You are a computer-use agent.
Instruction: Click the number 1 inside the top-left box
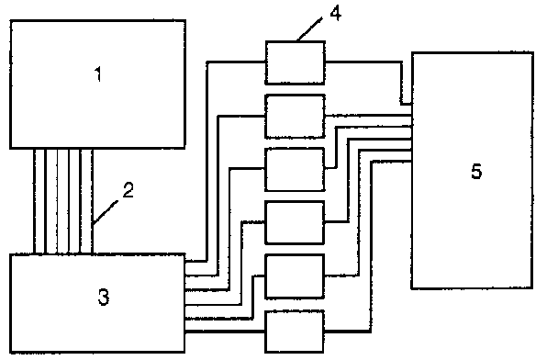point(98,74)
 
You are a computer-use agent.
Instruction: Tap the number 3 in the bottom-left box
point(104,297)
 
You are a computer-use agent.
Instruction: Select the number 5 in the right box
point(476,171)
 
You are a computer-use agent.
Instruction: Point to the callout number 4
point(335,13)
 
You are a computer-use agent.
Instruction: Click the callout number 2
point(128,189)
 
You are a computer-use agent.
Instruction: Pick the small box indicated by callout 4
point(295,62)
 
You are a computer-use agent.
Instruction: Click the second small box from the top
point(295,116)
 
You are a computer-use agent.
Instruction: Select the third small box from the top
point(295,170)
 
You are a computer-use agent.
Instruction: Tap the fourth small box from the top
point(295,222)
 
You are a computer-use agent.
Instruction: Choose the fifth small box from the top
point(295,276)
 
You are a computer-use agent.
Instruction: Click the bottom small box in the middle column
point(295,332)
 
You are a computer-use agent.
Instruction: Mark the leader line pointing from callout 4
point(309,29)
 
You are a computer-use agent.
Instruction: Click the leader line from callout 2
point(105,212)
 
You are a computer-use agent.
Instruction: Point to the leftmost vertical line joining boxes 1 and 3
point(34,201)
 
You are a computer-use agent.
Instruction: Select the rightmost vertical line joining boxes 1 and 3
point(92,201)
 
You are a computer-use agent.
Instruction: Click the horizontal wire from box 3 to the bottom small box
point(225,332)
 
